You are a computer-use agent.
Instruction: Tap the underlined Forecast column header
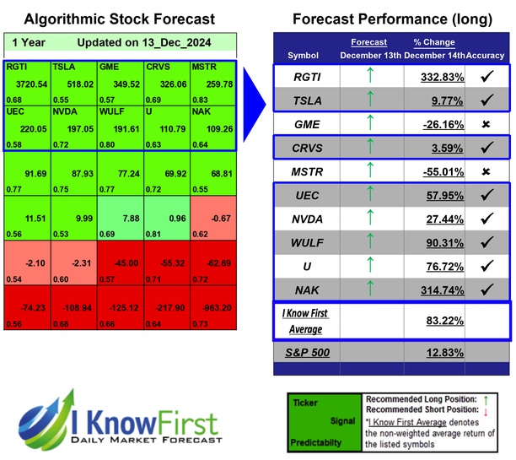[368, 41]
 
